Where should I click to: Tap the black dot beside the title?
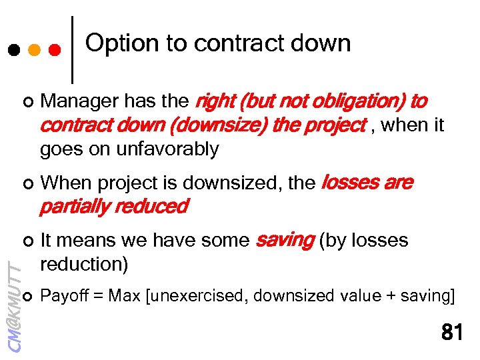tap(13, 50)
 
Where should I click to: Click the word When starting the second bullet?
tap(64, 183)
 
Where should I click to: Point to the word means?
tap(87, 240)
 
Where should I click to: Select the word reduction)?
tap(83, 264)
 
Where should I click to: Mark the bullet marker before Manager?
tap(27, 102)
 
